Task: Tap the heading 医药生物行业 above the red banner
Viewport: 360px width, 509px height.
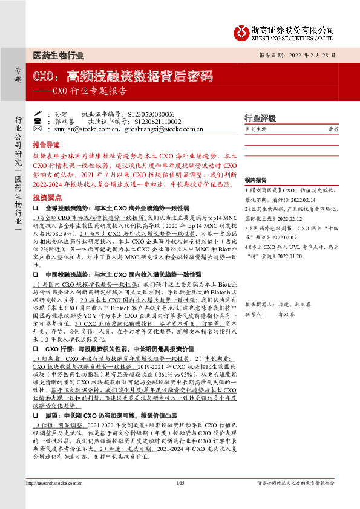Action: (x=58, y=56)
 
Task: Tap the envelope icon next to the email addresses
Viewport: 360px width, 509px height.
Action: (x=38, y=129)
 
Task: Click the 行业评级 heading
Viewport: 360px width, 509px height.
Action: (x=260, y=117)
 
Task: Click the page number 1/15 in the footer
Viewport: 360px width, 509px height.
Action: (x=179, y=499)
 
